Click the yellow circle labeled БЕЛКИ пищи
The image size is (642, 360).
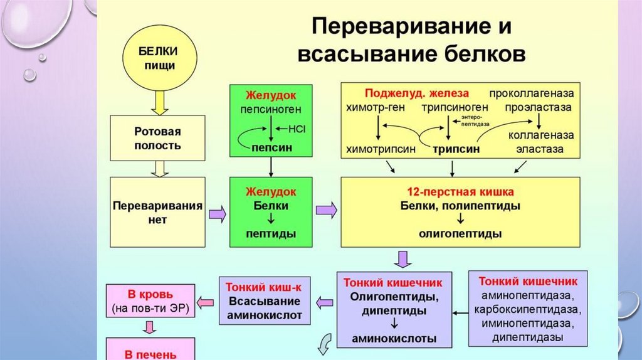(x=158, y=58)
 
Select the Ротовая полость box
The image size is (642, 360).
(x=157, y=139)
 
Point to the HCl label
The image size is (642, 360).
(x=297, y=129)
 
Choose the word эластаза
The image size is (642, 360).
(x=539, y=150)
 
